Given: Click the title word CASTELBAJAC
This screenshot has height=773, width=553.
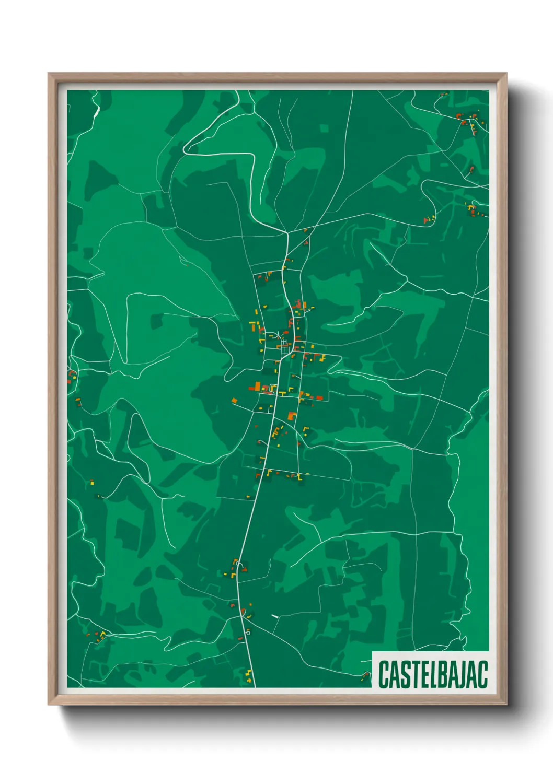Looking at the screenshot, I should coord(433,674).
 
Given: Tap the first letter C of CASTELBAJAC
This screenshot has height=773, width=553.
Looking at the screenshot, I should coord(383,674).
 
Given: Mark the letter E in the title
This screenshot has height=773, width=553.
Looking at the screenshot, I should coord(419,674).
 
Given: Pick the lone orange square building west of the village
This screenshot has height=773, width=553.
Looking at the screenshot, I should coord(235,401).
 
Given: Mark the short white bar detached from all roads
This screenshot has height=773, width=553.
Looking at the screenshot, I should coord(275,616).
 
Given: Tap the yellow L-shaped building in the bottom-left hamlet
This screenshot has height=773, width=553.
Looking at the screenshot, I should coord(102,634).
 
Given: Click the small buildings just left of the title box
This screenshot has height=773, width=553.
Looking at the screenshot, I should coord(365,677).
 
